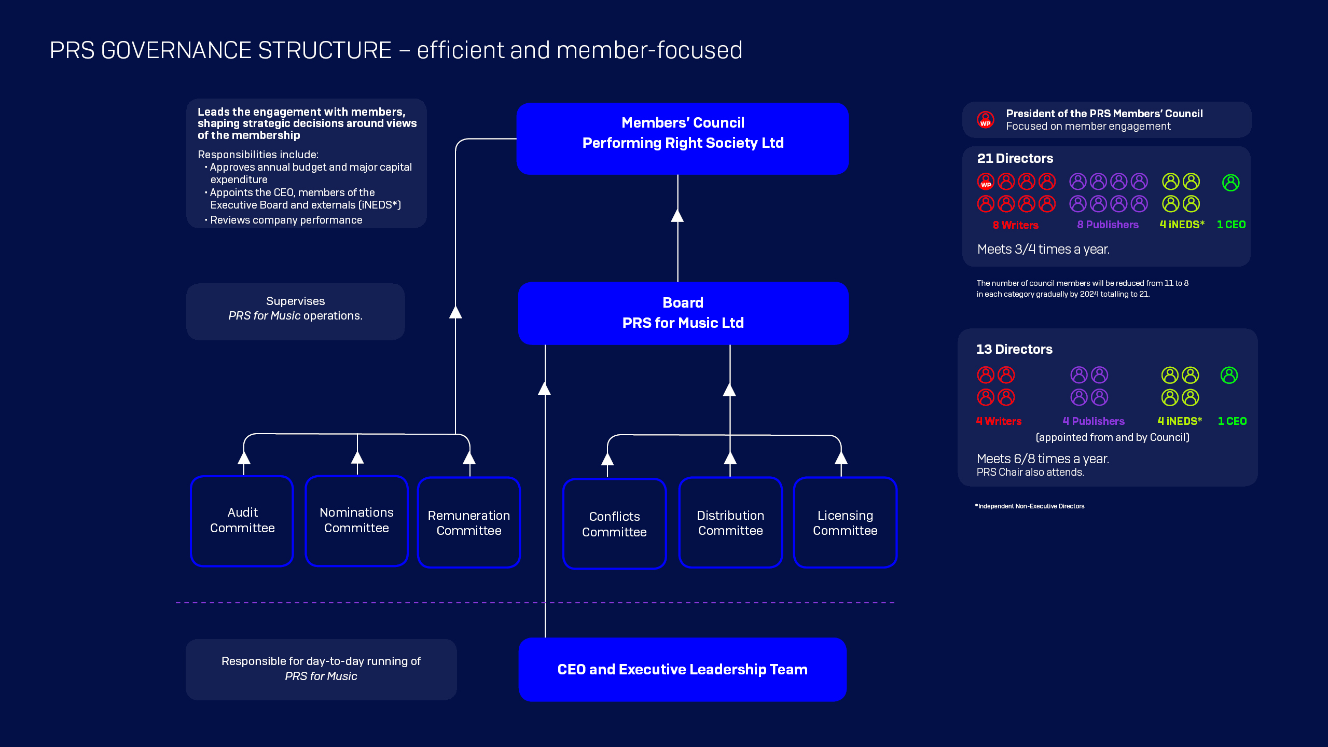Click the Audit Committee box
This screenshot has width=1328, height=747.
[242, 520]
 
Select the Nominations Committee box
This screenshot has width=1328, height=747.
[356, 520]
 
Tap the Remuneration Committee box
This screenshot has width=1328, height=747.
[469, 522]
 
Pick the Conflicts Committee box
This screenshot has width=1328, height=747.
[614, 524]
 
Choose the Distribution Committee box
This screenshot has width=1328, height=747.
[730, 522]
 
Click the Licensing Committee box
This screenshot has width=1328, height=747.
[845, 522]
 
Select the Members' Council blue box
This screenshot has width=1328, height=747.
[683, 139]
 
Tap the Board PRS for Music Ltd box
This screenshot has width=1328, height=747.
[683, 313]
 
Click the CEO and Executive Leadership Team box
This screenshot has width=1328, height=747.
[682, 669]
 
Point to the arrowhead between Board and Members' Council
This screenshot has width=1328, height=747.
[677, 216]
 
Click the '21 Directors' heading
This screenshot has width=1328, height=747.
[1015, 158]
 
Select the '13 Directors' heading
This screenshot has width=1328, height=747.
[1014, 349]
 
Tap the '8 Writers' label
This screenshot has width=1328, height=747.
[1015, 225]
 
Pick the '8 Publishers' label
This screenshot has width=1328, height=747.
[1108, 225]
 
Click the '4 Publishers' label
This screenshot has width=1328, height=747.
[1094, 421]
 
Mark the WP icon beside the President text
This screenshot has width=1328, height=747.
[986, 120]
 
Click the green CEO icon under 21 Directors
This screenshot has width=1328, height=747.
[1230, 183]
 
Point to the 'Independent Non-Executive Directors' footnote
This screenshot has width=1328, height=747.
[1030, 506]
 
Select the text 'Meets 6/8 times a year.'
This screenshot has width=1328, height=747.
[1043, 459]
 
